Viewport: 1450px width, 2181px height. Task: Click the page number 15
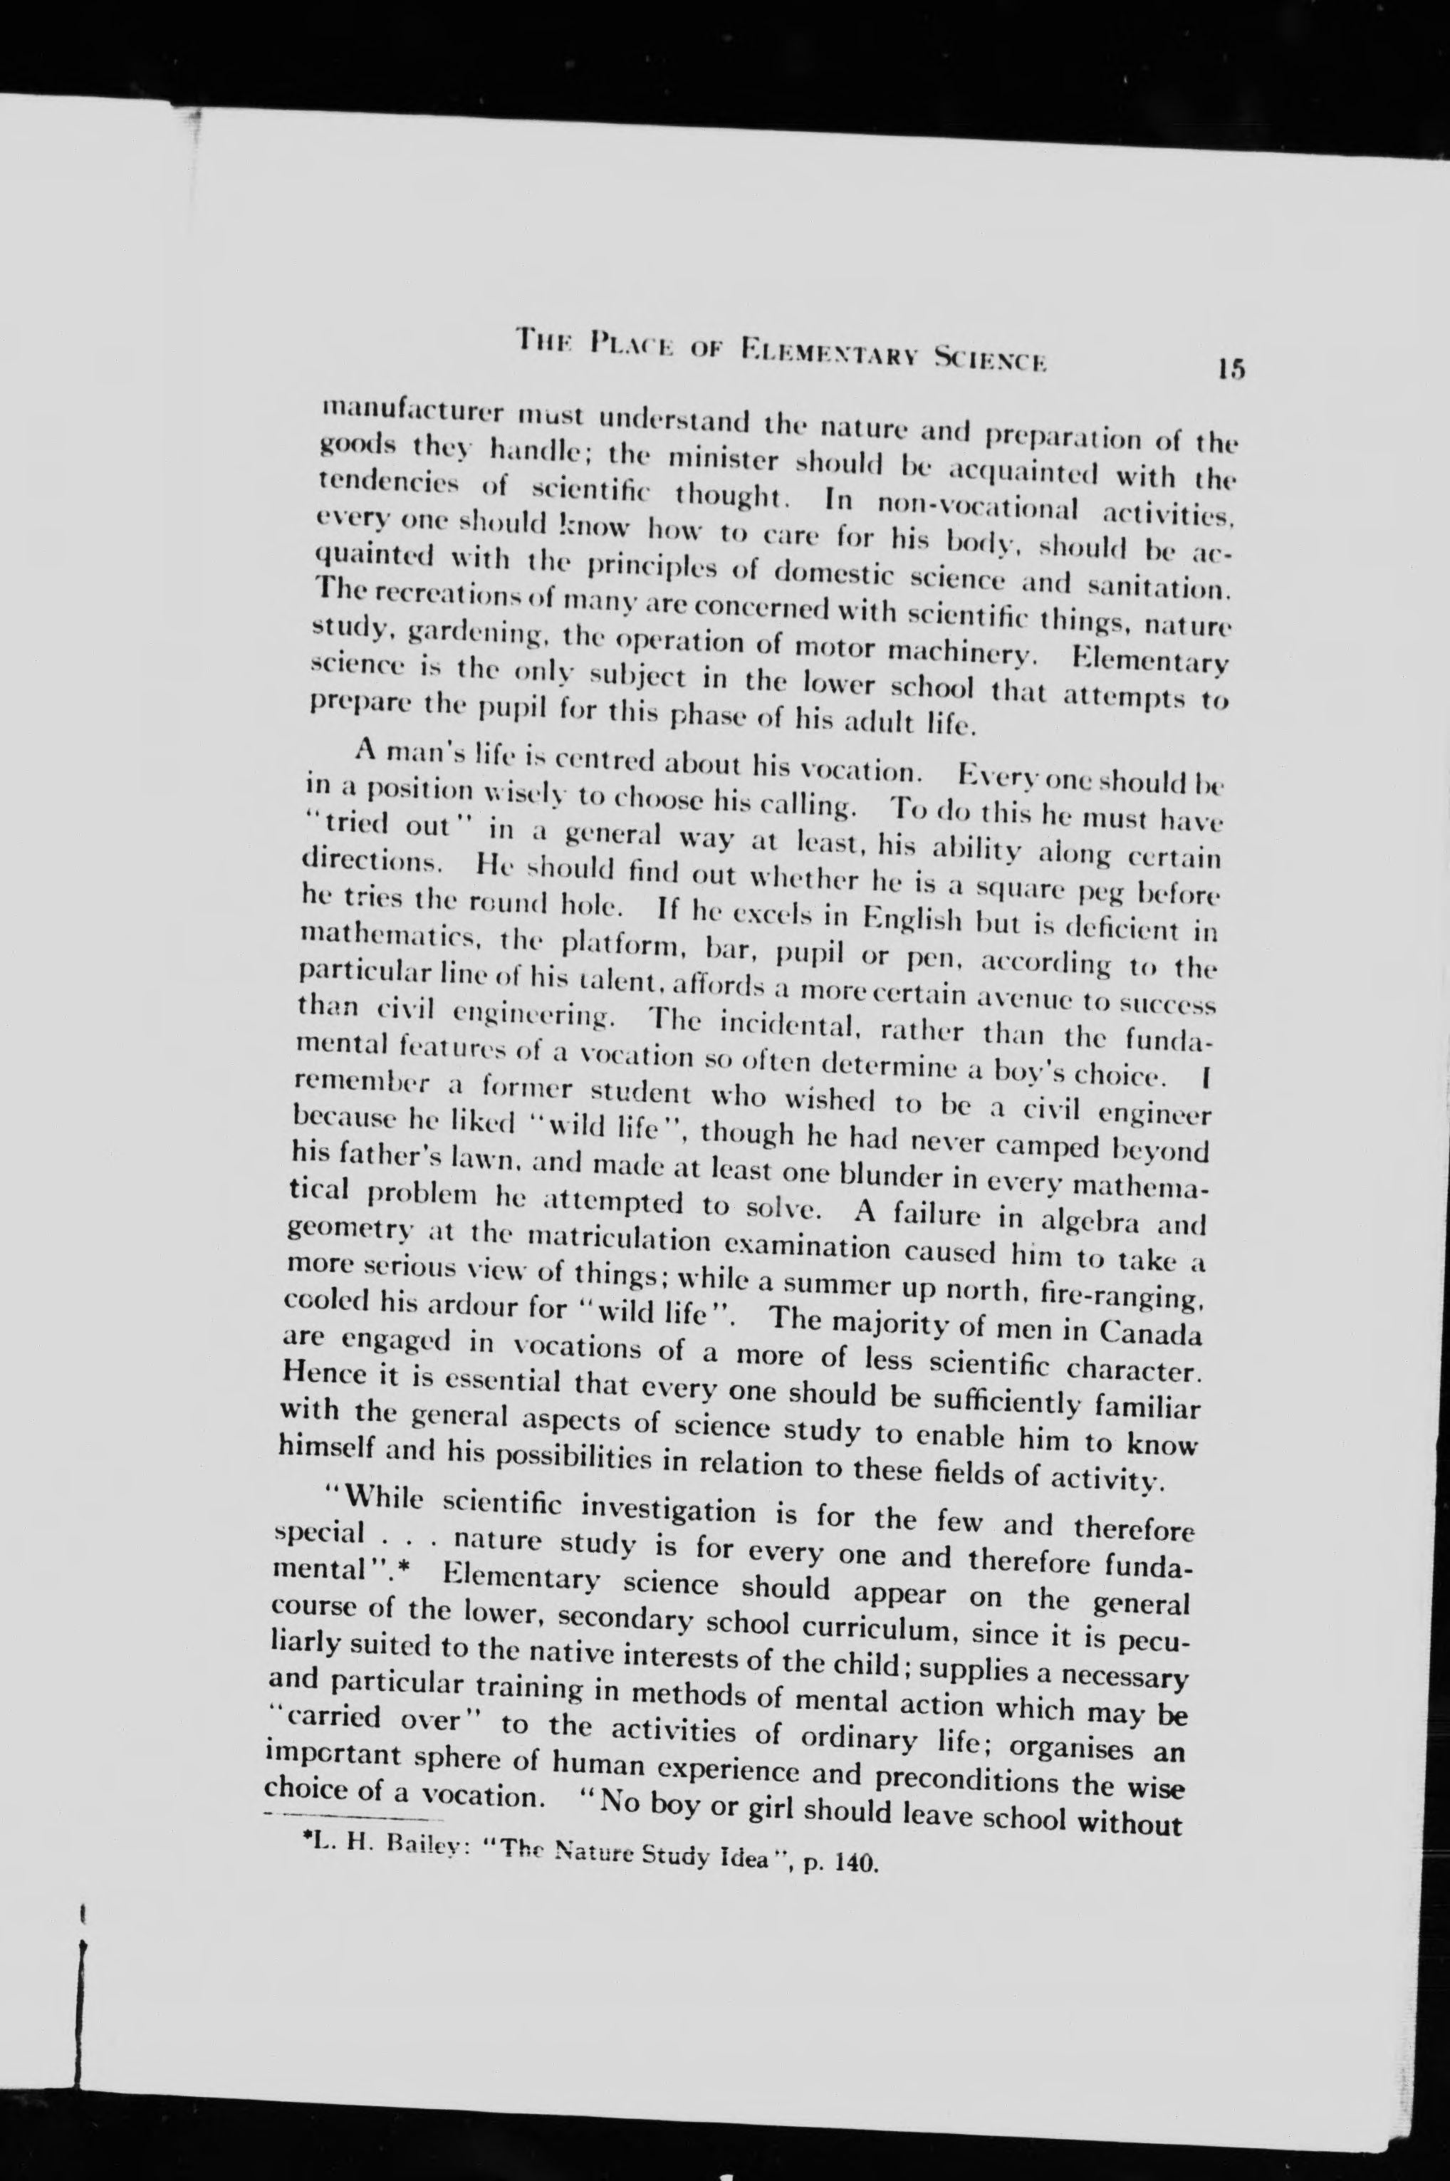(x=1232, y=369)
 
